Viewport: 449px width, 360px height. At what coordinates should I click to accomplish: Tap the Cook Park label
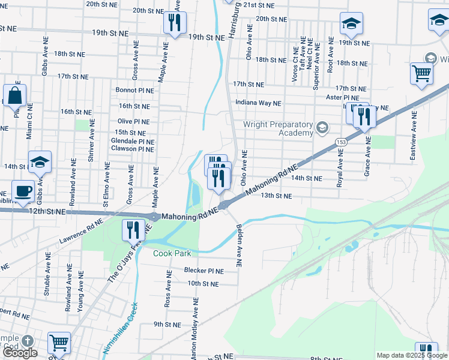[172, 253]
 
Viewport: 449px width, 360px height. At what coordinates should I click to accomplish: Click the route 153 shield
[342, 141]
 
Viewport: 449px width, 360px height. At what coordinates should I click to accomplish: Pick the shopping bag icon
[14, 96]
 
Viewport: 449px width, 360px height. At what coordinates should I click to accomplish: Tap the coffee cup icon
[23, 191]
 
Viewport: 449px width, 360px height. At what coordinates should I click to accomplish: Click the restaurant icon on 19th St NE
[175, 23]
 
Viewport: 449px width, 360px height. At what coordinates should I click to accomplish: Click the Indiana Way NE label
[258, 103]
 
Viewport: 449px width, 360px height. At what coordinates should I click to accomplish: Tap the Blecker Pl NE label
[203, 271]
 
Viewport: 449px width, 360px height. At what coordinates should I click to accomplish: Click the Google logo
[19, 352]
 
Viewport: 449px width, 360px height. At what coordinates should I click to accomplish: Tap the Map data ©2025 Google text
[412, 355]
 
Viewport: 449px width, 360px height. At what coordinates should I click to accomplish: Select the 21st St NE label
[259, 5]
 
